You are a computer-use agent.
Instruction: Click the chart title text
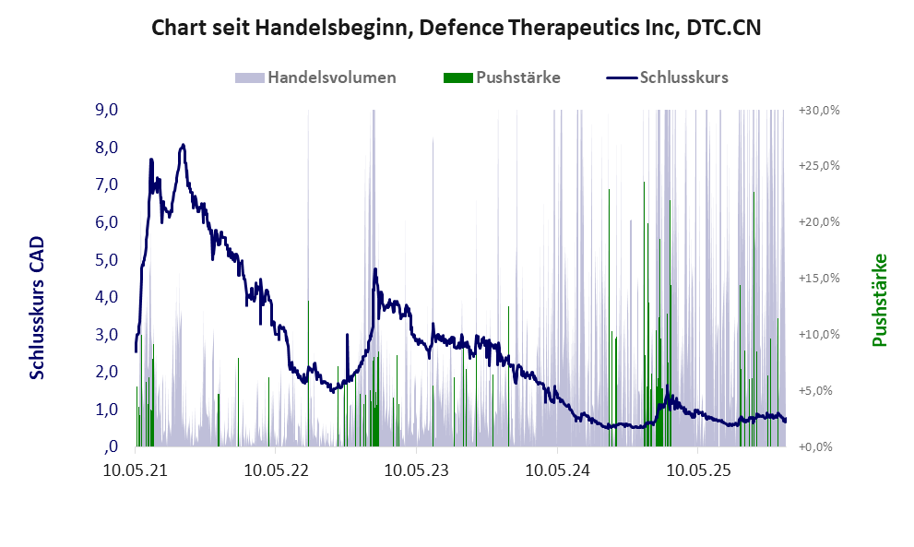[x=456, y=28]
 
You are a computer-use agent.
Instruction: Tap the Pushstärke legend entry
[x=517, y=77]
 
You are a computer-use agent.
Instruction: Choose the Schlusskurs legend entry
[x=683, y=77]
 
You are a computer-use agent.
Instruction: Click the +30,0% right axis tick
[x=818, y=110]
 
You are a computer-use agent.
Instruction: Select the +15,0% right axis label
[x=818, y=278]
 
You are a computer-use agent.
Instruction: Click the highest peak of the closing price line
[x=184, y=145]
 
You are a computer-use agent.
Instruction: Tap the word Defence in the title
[x=460, y=28]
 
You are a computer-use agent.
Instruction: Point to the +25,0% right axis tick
[x=818, y=166]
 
